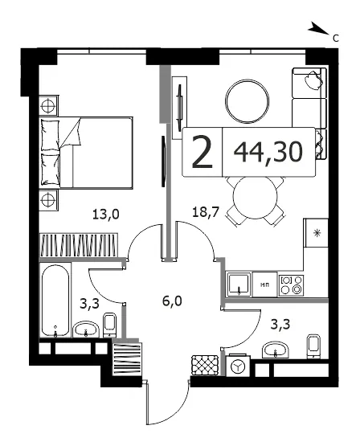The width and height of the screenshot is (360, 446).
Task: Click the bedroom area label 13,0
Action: coord(106,214)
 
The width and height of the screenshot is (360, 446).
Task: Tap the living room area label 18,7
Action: coord(206,211)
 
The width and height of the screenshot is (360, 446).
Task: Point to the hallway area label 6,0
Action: coord(172,301)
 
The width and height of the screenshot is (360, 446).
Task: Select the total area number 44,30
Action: coord(268,152)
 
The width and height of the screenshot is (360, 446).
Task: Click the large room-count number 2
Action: coord(202,152)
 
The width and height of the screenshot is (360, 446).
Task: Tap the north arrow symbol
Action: coord(318,28)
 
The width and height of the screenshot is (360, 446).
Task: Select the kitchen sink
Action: coord(239,284)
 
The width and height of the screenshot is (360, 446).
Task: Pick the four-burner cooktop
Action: coord(291,285)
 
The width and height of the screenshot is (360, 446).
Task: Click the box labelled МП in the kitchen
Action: coord(264,284)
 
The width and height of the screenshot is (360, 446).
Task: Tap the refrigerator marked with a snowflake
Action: coord(316,233)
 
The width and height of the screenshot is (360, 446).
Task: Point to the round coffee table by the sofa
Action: coord(247,101)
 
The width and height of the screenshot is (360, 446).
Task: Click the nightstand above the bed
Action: coord(49,105)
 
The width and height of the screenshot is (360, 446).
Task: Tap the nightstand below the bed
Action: coord(49,200)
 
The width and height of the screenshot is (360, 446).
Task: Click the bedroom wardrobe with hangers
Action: coord(79,244)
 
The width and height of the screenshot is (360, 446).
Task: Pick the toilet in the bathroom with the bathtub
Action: coord(109,325)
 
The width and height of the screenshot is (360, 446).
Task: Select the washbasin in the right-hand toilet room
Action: coord(276,350)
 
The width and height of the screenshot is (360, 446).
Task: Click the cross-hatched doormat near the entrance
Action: coord(205,365)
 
